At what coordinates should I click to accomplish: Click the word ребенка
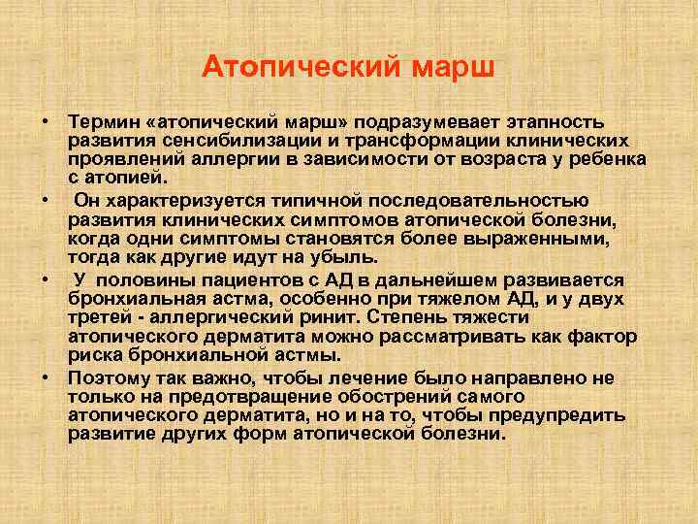click(600, 160)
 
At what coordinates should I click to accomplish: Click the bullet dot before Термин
click(46, 123)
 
